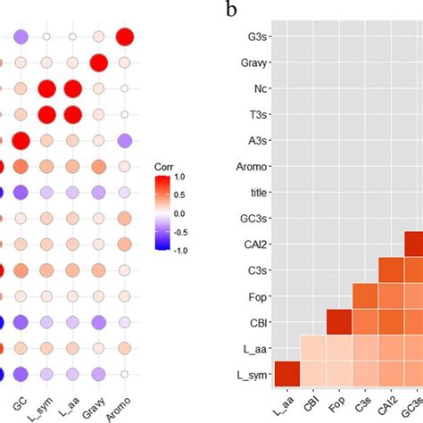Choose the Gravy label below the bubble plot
click(98, 398)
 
